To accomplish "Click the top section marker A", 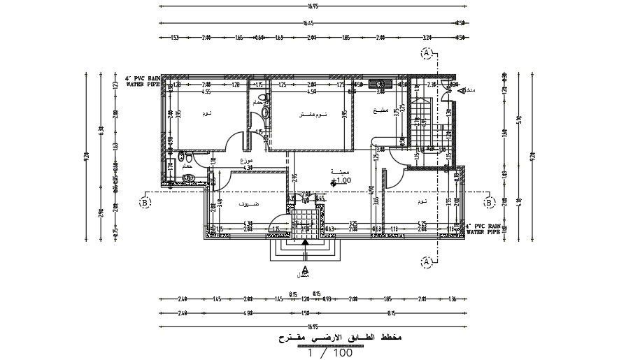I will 425,52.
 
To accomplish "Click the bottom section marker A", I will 425,261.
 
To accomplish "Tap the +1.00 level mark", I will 340,180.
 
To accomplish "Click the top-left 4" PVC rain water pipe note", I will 143,81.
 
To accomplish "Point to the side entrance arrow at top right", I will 457,90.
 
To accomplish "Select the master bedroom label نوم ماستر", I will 311,115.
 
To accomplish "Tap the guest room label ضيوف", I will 247,203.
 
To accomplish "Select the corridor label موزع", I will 246,161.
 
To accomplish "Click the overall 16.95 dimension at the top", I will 312,7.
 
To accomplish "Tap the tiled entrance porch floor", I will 305,221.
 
